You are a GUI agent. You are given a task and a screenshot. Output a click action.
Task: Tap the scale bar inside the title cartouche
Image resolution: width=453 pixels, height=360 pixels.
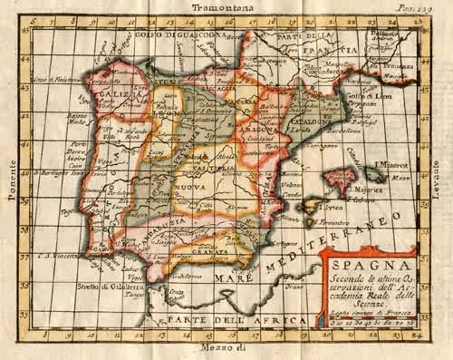tap(370, 320)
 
